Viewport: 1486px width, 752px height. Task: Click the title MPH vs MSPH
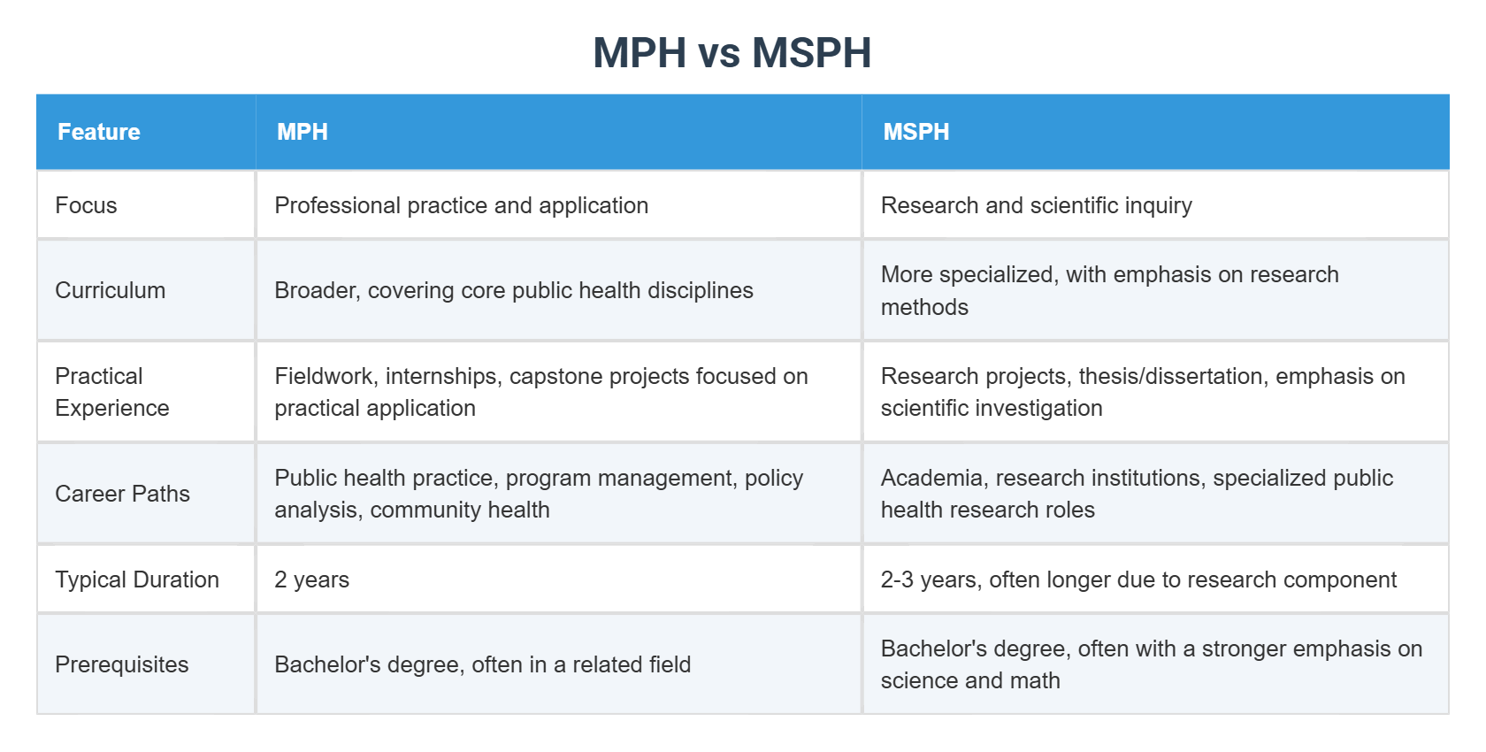point(732,53)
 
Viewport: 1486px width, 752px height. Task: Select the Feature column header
point(99,132)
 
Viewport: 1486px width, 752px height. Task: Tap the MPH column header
point(303,132)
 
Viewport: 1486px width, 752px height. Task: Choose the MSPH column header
point(916,132)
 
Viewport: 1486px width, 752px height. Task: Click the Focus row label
point(86,205)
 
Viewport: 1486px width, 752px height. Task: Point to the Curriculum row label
point(111,290)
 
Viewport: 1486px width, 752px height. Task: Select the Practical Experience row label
point(112,392)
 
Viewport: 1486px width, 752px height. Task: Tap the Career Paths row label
point(123,494)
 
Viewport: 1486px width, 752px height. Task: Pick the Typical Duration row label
point(137,579)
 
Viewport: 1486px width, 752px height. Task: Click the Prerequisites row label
point(122,664)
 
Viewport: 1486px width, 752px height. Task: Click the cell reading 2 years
point(312,579)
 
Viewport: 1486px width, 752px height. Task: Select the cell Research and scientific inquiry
point(1037,205)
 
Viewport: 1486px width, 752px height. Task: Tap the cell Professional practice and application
point(462,205)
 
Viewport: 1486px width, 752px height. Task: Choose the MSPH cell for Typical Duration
point(1138,579)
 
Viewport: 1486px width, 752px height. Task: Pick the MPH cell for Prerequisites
point(483,664)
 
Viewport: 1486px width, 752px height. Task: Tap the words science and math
point(970,680)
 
